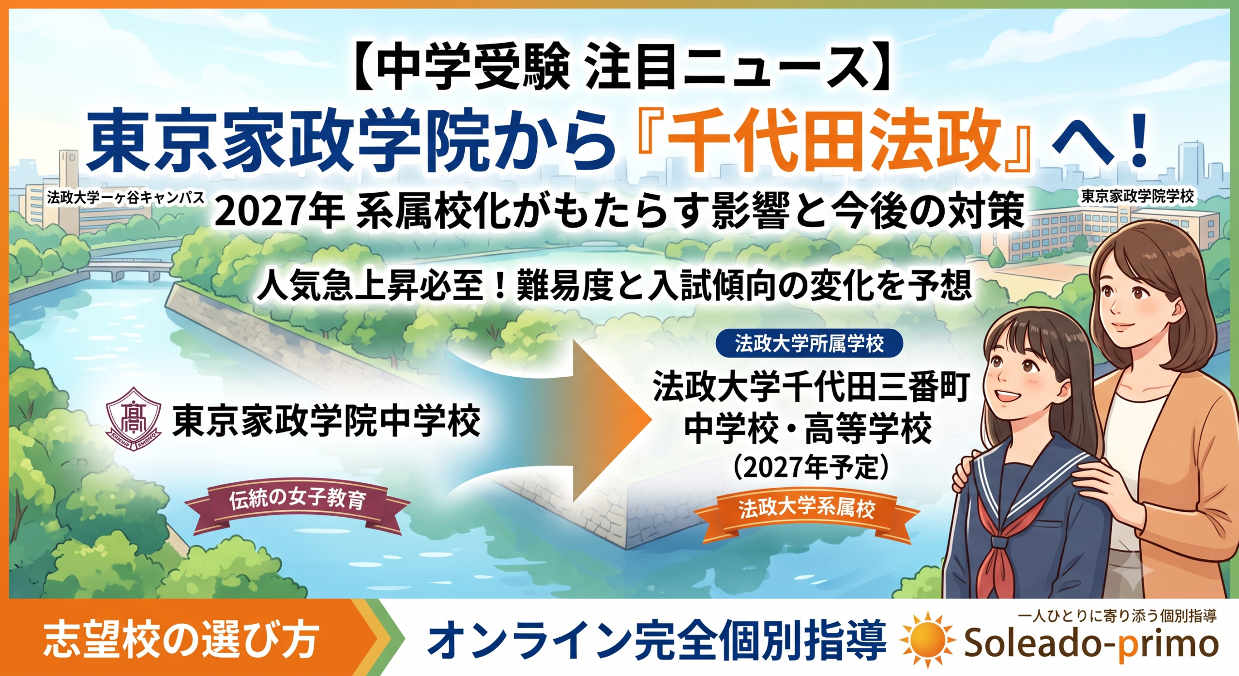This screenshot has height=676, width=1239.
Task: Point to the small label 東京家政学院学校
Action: coord(1137,197)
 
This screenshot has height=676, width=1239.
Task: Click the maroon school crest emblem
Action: coord(134,415)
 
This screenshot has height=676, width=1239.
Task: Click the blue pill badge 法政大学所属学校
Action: coord(809,343)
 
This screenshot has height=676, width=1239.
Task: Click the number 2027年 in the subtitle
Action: coord(279,212)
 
